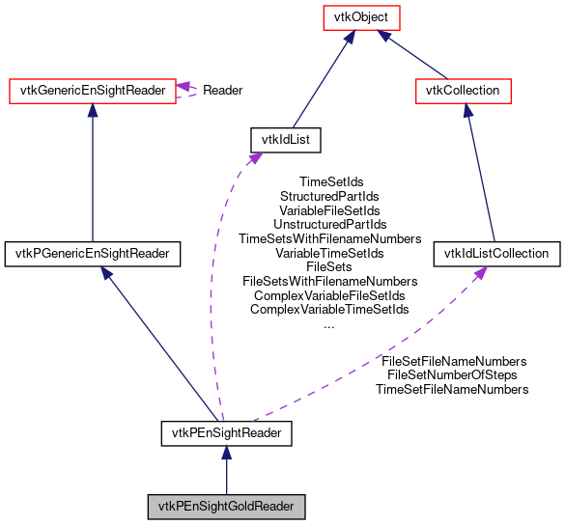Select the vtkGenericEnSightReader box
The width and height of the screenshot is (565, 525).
pos(91,91)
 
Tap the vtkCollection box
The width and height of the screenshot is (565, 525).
pos(463,91)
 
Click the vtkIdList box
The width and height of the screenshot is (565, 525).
pos(285,139)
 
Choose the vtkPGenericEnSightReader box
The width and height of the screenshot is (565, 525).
pos(93,254)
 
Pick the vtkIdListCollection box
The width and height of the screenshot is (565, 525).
pos(496,254)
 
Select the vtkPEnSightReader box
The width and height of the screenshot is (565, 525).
pos(226,433)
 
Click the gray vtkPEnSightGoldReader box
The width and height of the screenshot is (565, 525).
pos(226,506)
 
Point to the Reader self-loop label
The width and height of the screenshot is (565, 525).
pos(221,91)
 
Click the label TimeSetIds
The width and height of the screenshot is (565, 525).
pos(331,180)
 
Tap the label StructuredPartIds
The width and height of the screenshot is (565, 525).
pos(330,195)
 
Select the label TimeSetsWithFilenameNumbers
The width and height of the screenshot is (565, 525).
pos(330,238)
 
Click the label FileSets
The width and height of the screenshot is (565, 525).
pos(330,266)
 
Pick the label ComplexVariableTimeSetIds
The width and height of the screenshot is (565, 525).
pos(330,310)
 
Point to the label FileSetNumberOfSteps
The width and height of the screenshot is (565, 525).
pos(452,374)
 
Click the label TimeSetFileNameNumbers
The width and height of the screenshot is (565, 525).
pos(452,389)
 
